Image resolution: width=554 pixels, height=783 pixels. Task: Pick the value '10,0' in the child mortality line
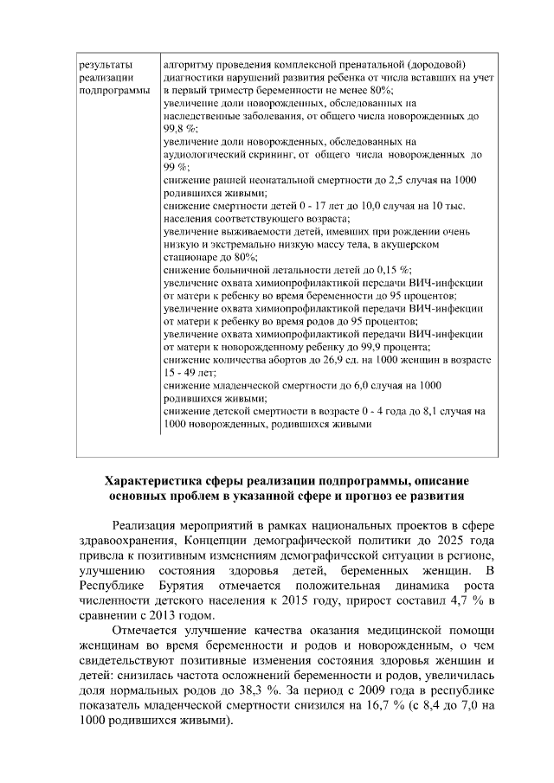point(365,205)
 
